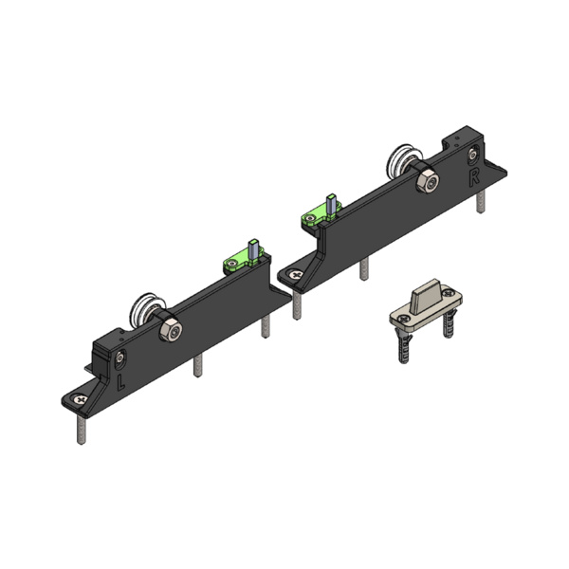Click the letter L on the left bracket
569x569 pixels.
[x=121, y=384]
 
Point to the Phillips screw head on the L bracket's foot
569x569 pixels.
[x=79, y=399]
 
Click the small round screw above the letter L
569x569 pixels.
[x=119, y=358]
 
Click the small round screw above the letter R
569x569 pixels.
[x=469, y=154]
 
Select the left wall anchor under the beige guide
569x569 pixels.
[x=405, y=349]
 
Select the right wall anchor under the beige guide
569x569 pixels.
[x=449, y=327]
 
